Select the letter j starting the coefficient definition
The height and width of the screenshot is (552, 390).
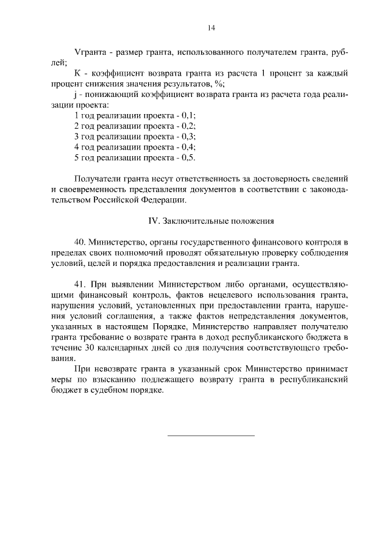coord(74,95)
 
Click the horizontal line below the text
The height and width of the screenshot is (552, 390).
coord(211,436)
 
